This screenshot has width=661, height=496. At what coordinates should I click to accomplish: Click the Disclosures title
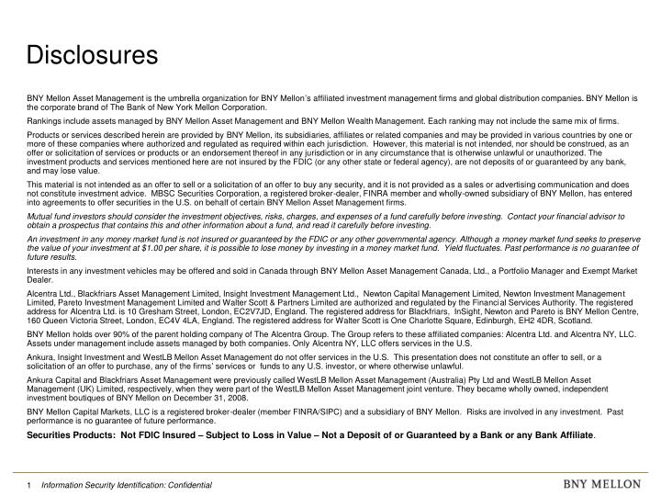[91, 56]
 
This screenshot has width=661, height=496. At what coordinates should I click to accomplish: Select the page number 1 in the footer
[29, 483]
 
